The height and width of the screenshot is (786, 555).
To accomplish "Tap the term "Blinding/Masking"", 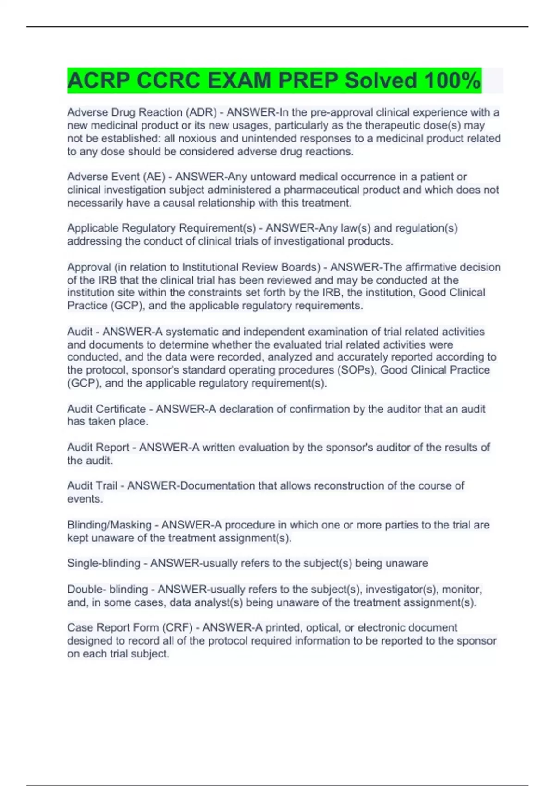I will pos(109,525).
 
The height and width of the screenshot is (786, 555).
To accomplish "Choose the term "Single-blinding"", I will pos(104,563).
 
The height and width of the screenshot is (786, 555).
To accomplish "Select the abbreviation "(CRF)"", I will pos(177,628).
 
